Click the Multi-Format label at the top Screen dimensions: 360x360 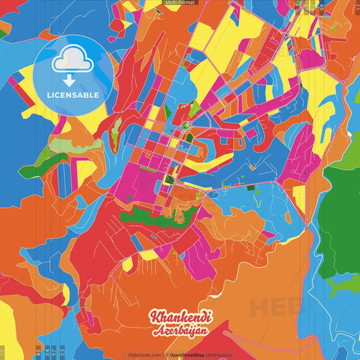pyautogui.click(x=180, y=3)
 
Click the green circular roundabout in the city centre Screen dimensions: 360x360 pyautogui.click(x=185, y=126)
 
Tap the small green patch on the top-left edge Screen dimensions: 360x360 pyautogui.click(x=3, y=32)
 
